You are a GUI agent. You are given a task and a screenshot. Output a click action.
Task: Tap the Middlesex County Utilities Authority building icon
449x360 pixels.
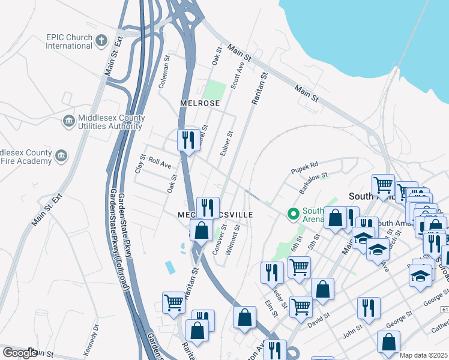point(68,121)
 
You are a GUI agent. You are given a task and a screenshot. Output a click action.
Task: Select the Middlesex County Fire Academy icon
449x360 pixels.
point(61,156)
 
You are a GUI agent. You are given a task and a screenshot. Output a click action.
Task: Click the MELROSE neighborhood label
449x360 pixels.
point(200,103)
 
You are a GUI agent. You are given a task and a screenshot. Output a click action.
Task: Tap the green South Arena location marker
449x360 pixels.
point(294,214)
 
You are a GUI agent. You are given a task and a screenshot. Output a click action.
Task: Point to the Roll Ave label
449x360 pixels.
point(160,162)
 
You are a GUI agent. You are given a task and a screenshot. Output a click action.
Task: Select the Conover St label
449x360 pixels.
point(220,239)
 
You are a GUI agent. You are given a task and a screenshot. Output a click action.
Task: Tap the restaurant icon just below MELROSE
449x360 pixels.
point(188,140)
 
